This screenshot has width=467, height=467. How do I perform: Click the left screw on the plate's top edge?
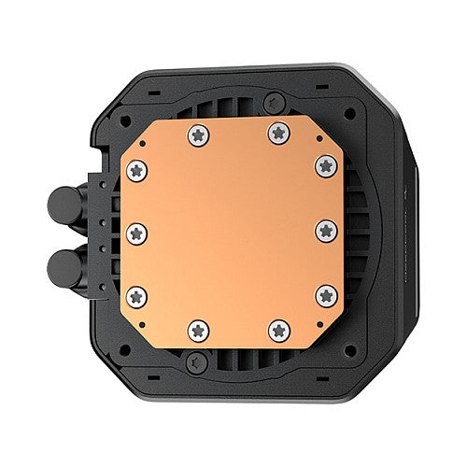[198, 134]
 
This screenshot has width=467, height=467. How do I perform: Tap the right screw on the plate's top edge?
[277, 134]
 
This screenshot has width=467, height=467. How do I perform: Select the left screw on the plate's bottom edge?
[198, 329]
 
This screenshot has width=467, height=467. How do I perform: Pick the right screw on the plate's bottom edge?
[278, 329]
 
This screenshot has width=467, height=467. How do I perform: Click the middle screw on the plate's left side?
[136, 232]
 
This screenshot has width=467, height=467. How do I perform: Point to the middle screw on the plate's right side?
[325, 231]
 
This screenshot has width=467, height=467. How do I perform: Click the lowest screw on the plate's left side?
[136, 296]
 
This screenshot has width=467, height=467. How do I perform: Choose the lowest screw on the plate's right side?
[326, 295]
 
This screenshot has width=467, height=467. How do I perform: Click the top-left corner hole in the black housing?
[124, 116]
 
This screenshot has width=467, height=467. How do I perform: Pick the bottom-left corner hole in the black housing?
[124, 348]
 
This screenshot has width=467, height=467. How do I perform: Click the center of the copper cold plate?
[231, 232]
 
